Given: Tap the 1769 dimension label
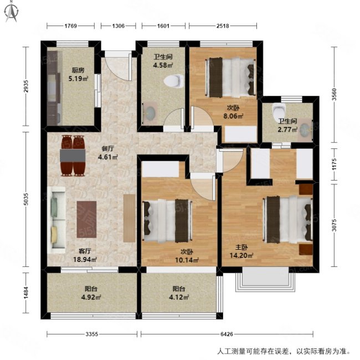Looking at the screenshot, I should (70, 25).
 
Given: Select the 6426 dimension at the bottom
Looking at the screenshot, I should (227, 333).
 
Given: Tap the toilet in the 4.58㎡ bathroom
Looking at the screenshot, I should (174, 80).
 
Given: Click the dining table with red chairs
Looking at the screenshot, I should (73, 155).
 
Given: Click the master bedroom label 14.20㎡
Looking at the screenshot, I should (241, 255).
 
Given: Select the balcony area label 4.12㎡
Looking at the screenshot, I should (178, 297).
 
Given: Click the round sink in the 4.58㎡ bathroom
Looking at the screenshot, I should (150, 112).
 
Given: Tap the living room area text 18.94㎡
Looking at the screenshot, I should (85, 259).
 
